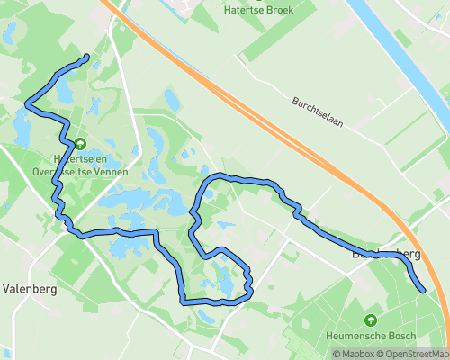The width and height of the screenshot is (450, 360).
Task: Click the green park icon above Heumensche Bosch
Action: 371,320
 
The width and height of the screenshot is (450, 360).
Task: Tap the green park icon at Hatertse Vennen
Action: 79,143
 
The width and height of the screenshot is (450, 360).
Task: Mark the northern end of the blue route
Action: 86,58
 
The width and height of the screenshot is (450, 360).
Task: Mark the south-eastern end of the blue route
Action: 423,290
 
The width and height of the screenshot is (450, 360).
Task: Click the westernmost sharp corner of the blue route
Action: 27,103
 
